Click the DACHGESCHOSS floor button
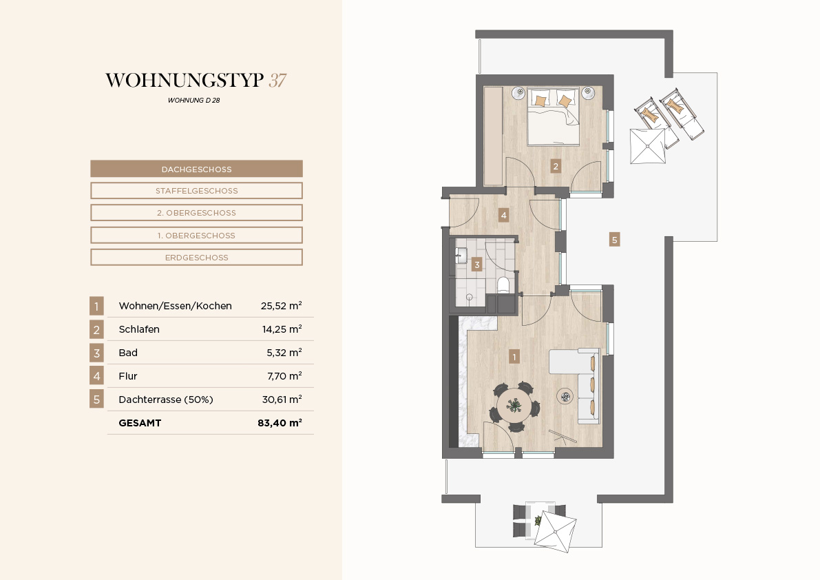click(197, 169)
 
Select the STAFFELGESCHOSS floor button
click(197, 191)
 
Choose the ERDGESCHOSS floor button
click(197, 258)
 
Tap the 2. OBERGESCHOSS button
click(197, 213)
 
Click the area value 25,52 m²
click(282, 305)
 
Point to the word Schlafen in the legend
click(139, 329)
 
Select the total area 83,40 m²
click(280, 422)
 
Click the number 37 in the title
click(277, 81)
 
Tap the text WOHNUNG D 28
click(194, 101)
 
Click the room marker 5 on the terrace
click(614, 240)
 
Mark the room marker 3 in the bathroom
click(476, 265)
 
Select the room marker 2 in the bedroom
click(556, 166)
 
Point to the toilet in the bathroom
click(503, 285)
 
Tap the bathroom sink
click(461, 256)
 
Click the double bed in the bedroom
click(554, 116)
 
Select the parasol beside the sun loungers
click(648, 147)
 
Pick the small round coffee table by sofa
click(566, 397)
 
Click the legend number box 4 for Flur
click(97, 376)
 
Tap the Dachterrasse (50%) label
click(166, 400)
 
